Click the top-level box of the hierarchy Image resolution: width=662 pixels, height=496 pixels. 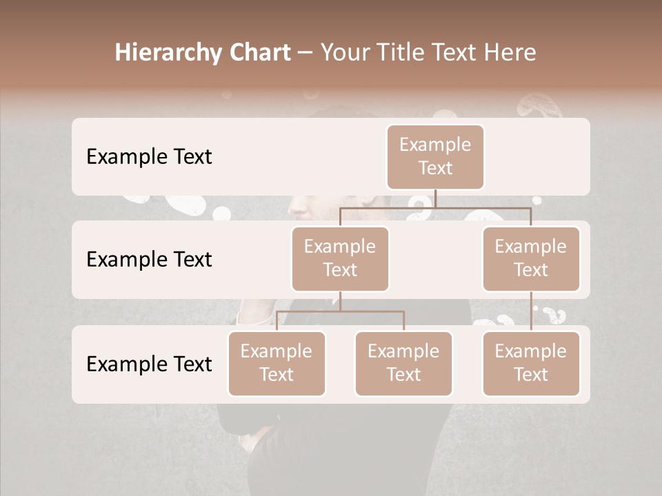435,157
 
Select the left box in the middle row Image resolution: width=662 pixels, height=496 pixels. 340,259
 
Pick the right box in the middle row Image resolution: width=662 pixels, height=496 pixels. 531,259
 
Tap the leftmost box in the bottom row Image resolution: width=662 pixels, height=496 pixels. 277,364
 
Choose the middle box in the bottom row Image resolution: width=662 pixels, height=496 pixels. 403,364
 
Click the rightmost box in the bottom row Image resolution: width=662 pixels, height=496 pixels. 531,364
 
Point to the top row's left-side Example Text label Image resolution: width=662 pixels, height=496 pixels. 149,157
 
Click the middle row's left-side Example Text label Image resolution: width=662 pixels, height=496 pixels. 149,260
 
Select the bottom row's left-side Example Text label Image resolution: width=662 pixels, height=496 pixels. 149,364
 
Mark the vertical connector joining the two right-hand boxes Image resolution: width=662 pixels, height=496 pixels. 531,311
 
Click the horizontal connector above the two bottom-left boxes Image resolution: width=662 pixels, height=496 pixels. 340,311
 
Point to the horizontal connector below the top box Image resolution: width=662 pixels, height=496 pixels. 435,207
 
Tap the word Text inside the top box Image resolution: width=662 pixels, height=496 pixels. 435,169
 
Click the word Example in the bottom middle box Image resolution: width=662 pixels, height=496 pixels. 403,352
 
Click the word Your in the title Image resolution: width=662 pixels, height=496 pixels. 343,53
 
